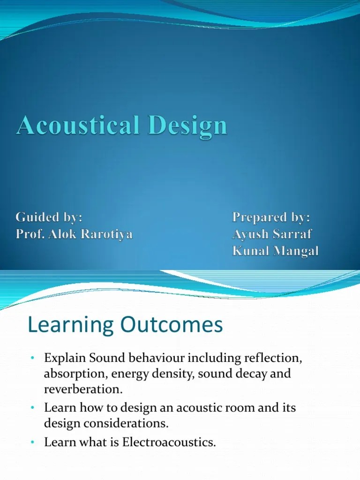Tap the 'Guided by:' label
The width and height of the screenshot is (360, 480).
[x=49, y=217]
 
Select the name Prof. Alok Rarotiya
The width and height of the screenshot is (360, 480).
[x=74, y=234]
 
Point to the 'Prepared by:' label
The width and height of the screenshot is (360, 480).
[x=271, y=217]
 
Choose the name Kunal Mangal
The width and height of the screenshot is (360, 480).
[x=275, y=251]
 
